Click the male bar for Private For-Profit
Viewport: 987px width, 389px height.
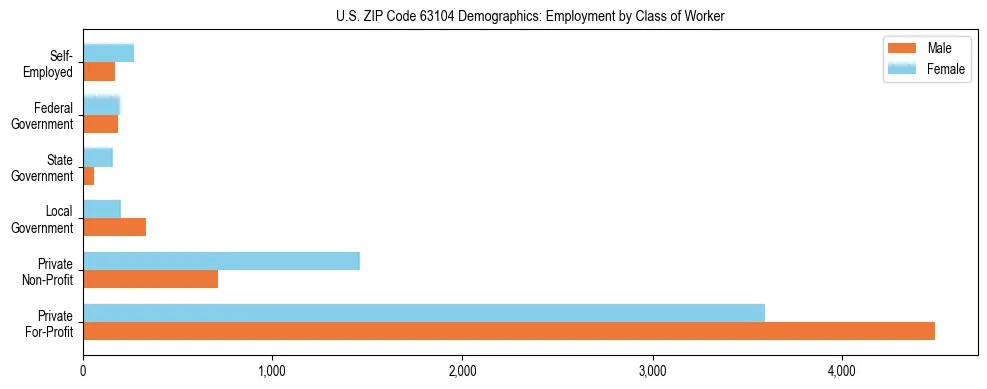(509, 331)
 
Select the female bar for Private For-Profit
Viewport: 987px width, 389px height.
(424, 313)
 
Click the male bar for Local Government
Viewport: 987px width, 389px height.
(114, 227)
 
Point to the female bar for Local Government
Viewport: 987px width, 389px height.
(102, 209)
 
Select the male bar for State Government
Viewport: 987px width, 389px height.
(89, 176)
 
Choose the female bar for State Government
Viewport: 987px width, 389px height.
(98, 158)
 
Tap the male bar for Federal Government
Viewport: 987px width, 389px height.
(100, 124)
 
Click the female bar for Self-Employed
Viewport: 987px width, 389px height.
(108, 53)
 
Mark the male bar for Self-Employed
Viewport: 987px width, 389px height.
(99, 72)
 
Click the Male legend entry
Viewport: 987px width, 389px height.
(927, 48)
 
